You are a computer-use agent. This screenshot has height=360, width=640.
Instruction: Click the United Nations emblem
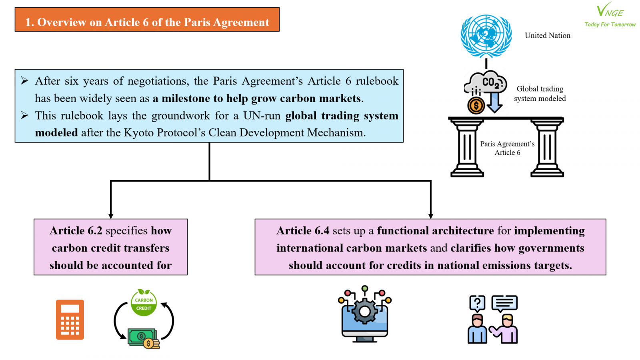486,36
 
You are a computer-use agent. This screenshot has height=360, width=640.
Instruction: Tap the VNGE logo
610,14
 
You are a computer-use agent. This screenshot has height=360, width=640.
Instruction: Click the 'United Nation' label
548,36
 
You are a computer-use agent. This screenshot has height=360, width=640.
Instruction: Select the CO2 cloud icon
486,82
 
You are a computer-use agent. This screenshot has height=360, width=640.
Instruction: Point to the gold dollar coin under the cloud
476,106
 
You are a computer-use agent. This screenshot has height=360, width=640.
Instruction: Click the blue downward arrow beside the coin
494,102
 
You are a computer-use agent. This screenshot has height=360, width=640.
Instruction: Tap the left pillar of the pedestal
467,148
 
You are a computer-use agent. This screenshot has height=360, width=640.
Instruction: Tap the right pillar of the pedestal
547,148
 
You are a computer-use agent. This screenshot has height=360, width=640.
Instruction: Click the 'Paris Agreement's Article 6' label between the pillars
507,148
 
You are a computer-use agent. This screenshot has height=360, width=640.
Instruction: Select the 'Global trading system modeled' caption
540,94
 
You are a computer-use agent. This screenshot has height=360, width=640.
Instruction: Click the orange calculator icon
70,320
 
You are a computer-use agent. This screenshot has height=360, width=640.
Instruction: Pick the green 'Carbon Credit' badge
144,303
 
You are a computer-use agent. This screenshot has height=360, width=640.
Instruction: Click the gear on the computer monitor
364,312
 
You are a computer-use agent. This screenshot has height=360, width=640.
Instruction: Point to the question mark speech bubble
477,303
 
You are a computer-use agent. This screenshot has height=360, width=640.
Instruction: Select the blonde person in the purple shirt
505,328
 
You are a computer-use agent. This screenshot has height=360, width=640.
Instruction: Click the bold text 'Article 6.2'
76,230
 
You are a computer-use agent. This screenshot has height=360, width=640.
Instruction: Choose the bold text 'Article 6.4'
303,230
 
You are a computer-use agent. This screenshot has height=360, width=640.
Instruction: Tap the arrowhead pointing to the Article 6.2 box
111,216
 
